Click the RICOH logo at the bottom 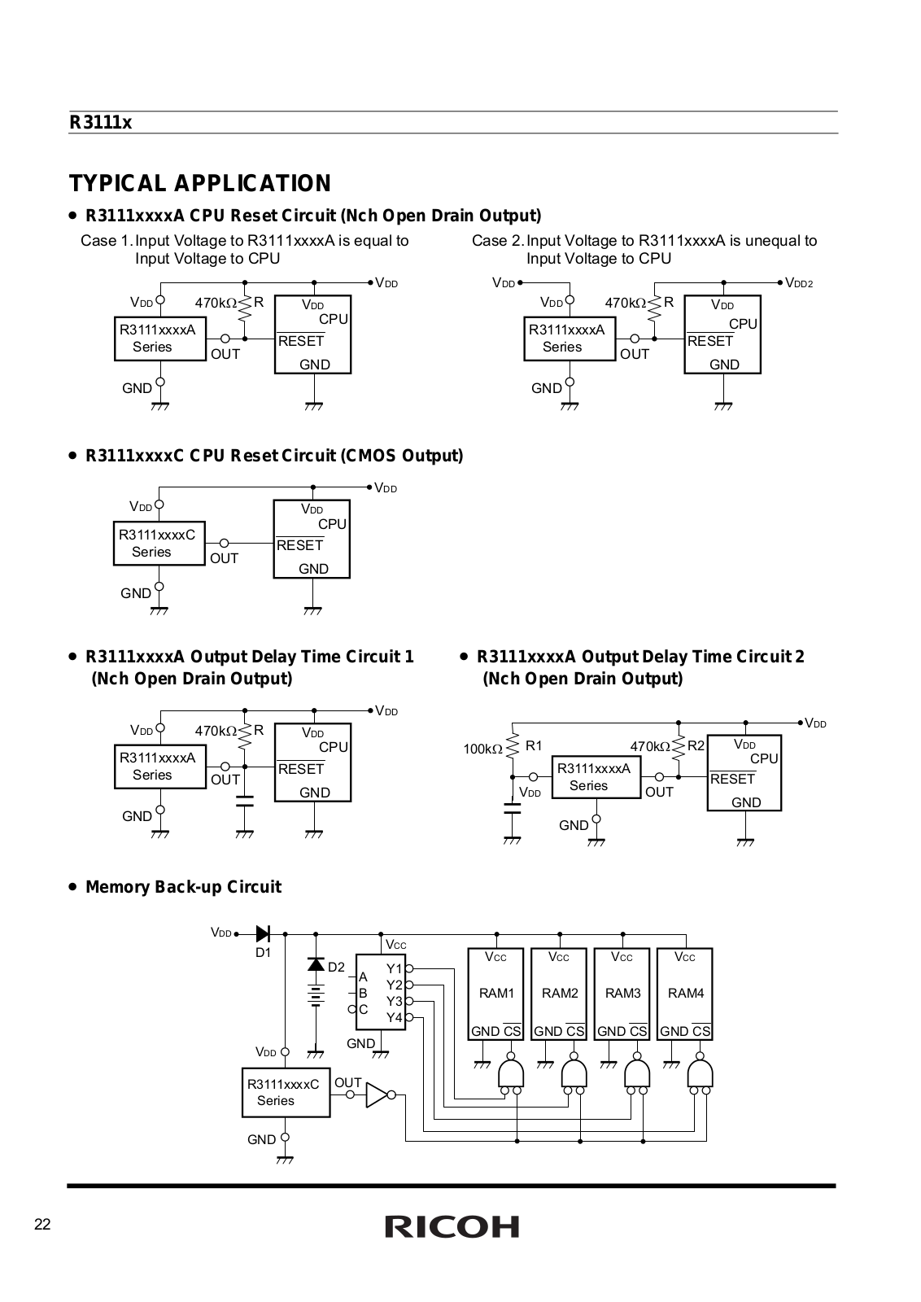click(452, 1226)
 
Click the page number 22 click(42, 1225)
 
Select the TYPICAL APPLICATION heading click(200, 183)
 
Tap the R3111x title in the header click(101, 123)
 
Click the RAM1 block click(495, 994)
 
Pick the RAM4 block click(684, 994)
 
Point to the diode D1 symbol click(263, 934)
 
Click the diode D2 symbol click(316, 964)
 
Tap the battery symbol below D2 click(316, 995)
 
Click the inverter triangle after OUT click(377, 1095)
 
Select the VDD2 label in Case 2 click(799, 283)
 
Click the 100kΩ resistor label click(482, 749)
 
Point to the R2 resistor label click(696, 745)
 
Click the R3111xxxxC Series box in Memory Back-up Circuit click(286, 1092)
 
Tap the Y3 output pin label click(394, 1001)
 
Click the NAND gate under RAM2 click(574, 1074)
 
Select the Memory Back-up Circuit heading click(183, 887)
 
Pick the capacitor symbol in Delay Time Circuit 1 click(245, 801)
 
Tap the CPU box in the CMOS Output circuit click(312, 539)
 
